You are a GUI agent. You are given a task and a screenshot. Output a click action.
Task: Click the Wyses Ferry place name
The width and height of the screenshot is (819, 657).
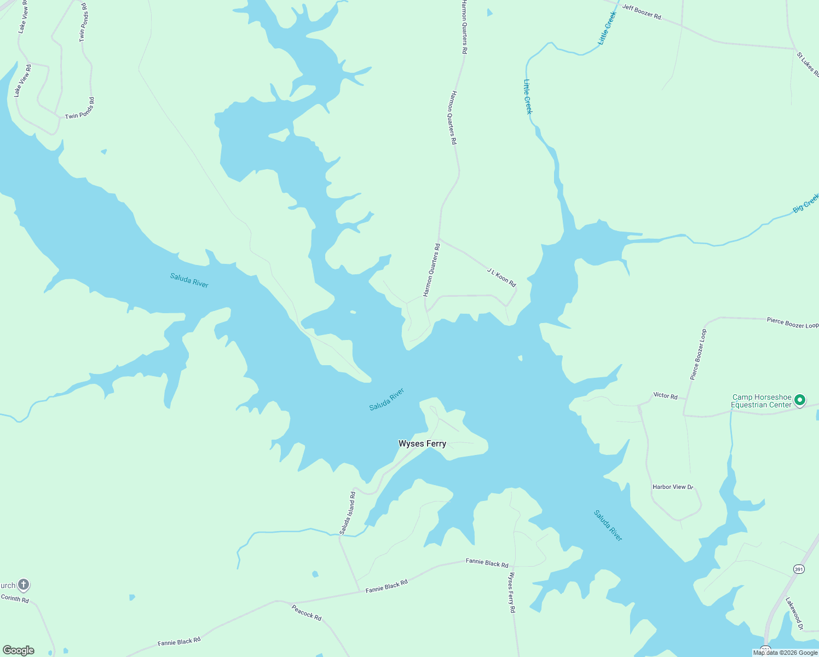pos(422,444)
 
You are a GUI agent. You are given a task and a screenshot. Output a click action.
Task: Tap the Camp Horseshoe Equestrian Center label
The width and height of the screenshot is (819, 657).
pos(762,401)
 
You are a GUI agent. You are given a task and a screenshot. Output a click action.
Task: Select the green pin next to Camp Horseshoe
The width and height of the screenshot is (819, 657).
pos(799,400)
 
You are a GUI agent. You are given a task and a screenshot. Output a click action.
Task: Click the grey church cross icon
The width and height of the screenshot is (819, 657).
pos(23,585)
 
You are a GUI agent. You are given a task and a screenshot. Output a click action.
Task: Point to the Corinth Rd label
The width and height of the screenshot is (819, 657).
pos(15,599)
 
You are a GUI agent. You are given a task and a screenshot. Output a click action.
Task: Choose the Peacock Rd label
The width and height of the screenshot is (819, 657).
pos(306,613)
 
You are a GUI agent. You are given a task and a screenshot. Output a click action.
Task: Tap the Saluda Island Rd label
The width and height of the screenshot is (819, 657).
pos(348,513)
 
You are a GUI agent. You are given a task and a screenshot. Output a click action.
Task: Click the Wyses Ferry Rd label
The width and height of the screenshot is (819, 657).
pos(512,592)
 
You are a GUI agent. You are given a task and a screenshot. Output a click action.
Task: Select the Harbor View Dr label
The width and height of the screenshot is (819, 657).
pos(673,487)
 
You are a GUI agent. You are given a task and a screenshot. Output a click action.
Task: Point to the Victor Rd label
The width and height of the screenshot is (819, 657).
pos(665,396)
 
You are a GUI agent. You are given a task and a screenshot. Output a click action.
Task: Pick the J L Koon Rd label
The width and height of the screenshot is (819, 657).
pos(501,278)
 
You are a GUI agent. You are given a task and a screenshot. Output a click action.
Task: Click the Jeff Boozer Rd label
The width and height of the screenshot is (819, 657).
pos(642,12)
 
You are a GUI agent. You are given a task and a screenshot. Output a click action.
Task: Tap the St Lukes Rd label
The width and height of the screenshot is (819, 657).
pos(808,65)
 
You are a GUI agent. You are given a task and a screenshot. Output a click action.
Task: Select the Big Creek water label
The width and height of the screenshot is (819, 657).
pos(805,203)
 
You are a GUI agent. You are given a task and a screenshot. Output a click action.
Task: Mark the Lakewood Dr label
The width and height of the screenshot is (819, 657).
pos(794,613)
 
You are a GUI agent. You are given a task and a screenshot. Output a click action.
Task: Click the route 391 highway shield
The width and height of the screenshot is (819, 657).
pos(799,569)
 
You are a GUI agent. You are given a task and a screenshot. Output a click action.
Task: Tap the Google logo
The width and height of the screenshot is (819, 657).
pos(19,650)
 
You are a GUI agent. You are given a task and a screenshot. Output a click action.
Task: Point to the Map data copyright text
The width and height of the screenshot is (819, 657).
pos(785,653)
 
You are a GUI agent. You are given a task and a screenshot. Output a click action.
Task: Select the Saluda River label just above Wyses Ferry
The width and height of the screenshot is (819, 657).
pos(387,400)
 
